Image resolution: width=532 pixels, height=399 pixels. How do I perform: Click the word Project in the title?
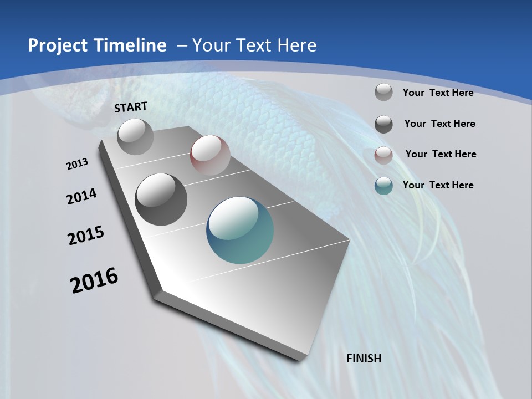coord(56,45)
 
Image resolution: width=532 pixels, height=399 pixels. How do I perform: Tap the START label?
coord(131,107)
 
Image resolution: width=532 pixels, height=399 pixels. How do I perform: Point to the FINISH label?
coord(364,359)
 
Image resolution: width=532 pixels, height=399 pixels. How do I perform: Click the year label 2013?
coord(78,164)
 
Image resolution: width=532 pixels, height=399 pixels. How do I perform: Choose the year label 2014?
coord(82,197)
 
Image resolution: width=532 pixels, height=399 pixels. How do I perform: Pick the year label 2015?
coord(86,236)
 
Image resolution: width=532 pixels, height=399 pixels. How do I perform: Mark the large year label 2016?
coord(94,280)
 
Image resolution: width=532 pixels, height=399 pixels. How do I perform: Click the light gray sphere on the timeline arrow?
coord(136,136)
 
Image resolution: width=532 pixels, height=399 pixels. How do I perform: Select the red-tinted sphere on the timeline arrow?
coord(210,155)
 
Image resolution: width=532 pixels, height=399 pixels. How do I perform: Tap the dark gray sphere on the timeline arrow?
coord(161,199)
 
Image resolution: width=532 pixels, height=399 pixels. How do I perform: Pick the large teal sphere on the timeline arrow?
coord(240,230)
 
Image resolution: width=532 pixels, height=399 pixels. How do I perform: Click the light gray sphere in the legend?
coord(383,93)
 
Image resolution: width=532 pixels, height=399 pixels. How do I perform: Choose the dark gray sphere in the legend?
coord(383,124)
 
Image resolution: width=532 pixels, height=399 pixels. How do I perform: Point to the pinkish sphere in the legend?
coord(383,155)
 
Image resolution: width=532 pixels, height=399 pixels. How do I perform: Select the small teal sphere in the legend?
coord(383,186)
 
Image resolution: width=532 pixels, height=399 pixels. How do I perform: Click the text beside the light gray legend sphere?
coord(438,93)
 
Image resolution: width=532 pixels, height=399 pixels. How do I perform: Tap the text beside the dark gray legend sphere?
coord(439,124)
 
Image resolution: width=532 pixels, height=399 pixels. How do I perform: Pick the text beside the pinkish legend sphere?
coord(441,154)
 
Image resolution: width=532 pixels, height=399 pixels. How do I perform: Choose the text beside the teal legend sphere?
coord(438,185)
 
